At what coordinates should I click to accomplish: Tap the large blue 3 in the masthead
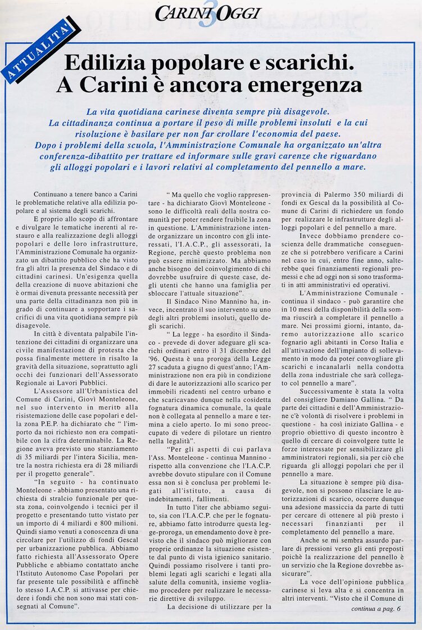[x=210, y=15]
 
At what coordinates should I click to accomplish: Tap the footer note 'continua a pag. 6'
[x=376, y=608]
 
